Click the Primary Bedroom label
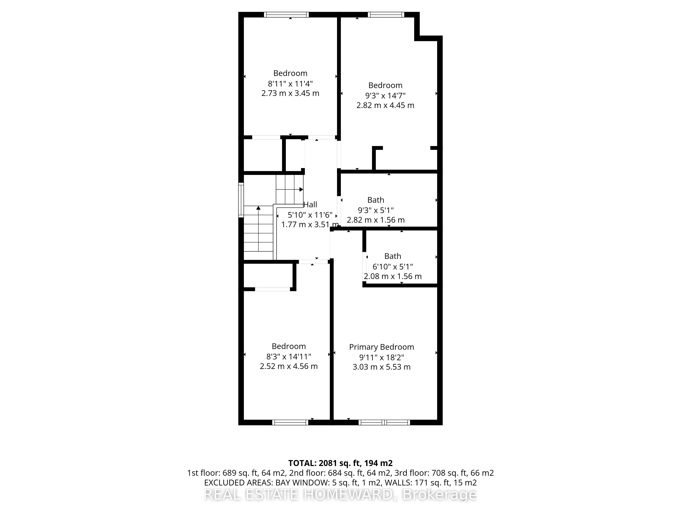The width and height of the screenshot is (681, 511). (382, 347)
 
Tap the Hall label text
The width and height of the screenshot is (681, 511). (310, 205)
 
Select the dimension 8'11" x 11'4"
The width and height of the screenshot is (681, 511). (290, 83)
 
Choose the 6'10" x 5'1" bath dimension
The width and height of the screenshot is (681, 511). (393, 266)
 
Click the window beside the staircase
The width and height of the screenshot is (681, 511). (241, 200)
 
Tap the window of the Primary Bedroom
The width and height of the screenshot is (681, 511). (384, 422)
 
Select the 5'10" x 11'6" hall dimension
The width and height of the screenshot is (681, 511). (310, 215)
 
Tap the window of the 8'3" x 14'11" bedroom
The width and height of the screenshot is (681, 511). (290, 422)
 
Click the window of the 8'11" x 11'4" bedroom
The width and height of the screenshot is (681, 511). (286, 14)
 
